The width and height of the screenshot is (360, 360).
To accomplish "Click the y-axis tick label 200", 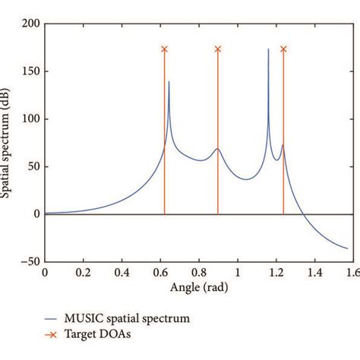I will [x=30, y=24].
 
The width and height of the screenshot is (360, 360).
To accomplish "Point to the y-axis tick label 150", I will [x=30, y=72].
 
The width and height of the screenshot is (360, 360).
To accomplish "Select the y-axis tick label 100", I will [x=30, y=119].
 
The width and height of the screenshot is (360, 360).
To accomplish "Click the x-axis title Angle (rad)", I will [x=199, y=288].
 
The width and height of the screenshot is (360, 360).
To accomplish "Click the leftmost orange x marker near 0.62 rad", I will [x=164, y=49].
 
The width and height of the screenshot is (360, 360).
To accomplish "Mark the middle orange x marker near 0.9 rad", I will [x=218, y=49].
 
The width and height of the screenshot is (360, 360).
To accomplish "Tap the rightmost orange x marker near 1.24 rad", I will [x=283, y=49].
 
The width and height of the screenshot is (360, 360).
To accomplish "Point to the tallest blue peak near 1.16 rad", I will [x=268, y=50].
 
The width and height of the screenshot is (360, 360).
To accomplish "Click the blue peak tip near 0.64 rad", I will [x=169, y=81].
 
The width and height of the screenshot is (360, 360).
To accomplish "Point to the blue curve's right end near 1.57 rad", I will [x=348, y=248].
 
